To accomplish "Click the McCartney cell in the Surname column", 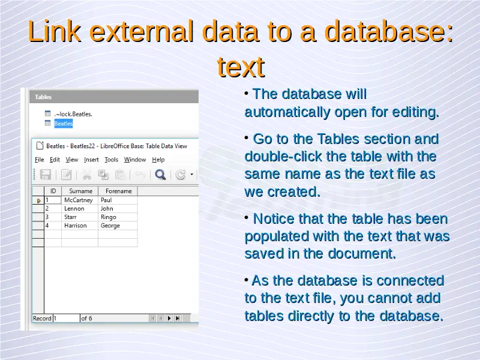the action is [x=80, y=200].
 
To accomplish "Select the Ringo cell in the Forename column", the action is [x=118, y=217].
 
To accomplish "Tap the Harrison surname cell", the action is [x=80, y=226].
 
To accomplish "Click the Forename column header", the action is [x=118, y=191].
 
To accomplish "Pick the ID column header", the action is [x=53, y=191].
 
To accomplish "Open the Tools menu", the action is [x=111, y=160].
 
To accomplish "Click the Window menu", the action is [x=135, y=160].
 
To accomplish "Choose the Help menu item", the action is [x=158, y=160].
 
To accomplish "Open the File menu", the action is [x=39, y=160].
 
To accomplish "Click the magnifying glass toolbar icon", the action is [x=160, y=175].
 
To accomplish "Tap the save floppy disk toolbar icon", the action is [x=46, y=175].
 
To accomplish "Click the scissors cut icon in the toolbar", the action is [x=87, y=175].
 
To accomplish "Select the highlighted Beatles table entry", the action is [x=64, y=124].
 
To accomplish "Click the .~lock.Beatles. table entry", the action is [x=73, y=114].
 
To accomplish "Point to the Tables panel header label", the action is [x=43, y=97].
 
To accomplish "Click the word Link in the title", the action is [x=55, y=32].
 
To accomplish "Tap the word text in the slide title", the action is [x=241, y=67].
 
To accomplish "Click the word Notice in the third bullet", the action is [x=274, y=219].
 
